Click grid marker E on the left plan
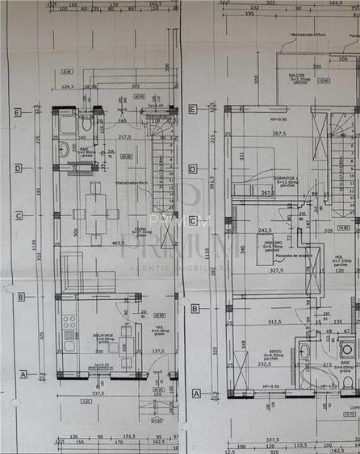17,112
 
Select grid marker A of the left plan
23,374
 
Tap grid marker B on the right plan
195,308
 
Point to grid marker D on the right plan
192,169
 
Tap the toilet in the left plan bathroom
86,125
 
